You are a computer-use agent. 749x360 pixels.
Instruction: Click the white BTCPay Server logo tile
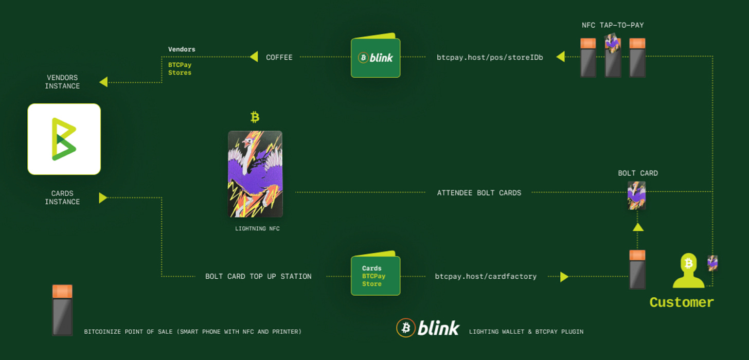coord(64,139)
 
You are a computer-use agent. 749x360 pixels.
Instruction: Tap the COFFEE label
coord(279,58)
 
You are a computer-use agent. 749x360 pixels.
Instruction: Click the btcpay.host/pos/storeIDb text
coord(489,58)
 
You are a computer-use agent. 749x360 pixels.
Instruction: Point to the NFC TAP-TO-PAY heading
coord(613,25)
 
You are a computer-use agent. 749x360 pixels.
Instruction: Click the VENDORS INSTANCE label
coord(62,82)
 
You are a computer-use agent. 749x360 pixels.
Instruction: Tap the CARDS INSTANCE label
coord(62,197)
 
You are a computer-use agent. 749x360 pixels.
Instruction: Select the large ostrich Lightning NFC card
coord(255,174)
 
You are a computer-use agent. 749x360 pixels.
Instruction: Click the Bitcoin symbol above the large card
coord(255,117)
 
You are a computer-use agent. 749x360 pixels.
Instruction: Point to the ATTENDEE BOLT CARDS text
coord(479,193)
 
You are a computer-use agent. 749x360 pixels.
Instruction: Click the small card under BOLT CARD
coord(637,195)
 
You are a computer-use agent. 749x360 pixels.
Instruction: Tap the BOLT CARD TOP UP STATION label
coord(258,277)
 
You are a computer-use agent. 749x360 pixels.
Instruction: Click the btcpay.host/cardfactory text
coord(486,277)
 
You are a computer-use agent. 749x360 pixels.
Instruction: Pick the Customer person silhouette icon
coord(688,271)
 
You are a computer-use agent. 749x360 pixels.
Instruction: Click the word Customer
coord(682,302)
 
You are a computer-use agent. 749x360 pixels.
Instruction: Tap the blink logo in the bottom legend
coord(427,328)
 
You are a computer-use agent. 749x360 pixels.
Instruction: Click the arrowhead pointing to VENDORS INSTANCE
coord(103,82)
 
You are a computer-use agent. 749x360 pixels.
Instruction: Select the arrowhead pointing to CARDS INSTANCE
coord(103,197)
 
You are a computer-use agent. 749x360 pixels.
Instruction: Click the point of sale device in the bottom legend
coord(62,310)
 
